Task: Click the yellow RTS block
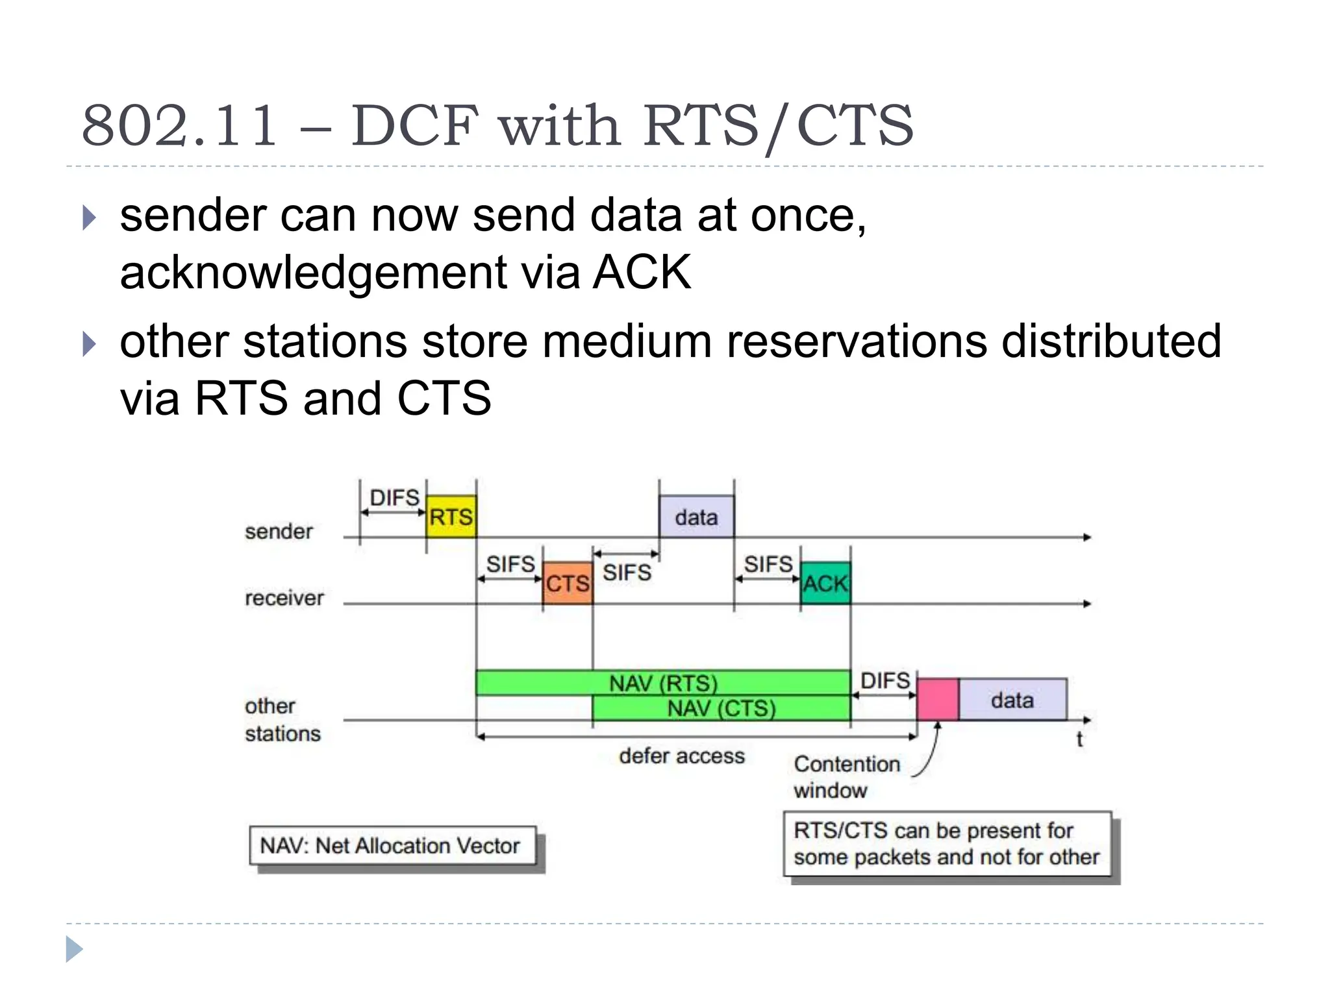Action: click(x=451, y=517)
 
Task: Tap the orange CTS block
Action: click(x=568, y=583)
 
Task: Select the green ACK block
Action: click(x=825, y=583)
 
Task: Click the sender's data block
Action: click(x=696, y=517)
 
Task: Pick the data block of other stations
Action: click(x=1012, y=699)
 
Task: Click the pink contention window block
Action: click(x=937, y=699)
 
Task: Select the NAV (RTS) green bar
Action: click(x=662, y=683)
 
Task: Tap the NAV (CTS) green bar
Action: click(x=721, y=708)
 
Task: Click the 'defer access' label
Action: click(x=681, y=756)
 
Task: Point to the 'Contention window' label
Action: click(x=846, y=776)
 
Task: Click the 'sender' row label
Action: click(x=279, y=532)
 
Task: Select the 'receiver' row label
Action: click(x=284, y=598)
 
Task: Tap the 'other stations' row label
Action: click(x=282, y=719)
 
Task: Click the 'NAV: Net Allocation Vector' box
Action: click(x=393, y=846)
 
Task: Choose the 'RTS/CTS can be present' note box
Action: click(x=947, y=844)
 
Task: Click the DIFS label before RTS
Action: click(x=394, y=498)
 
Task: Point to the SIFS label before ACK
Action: click(x=768, y=564)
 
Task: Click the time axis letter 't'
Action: click(x=1079, y=739)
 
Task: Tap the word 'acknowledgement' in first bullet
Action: click(x=314, y=272)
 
